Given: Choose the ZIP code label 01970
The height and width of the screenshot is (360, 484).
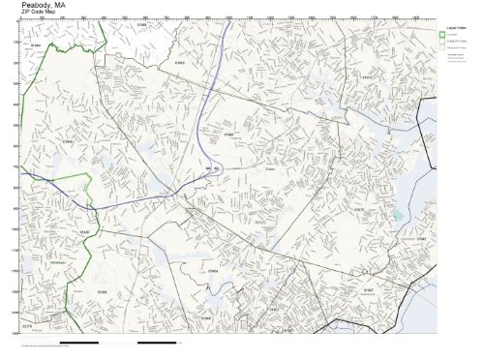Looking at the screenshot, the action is click(x=359, y=209).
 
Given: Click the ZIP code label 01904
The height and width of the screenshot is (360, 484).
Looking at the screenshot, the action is click(x=214, y=272).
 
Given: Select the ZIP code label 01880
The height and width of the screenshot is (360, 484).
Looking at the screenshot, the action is click(x=83, y=232).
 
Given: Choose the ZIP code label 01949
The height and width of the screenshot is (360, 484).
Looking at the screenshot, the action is click(x=36, y=45).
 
